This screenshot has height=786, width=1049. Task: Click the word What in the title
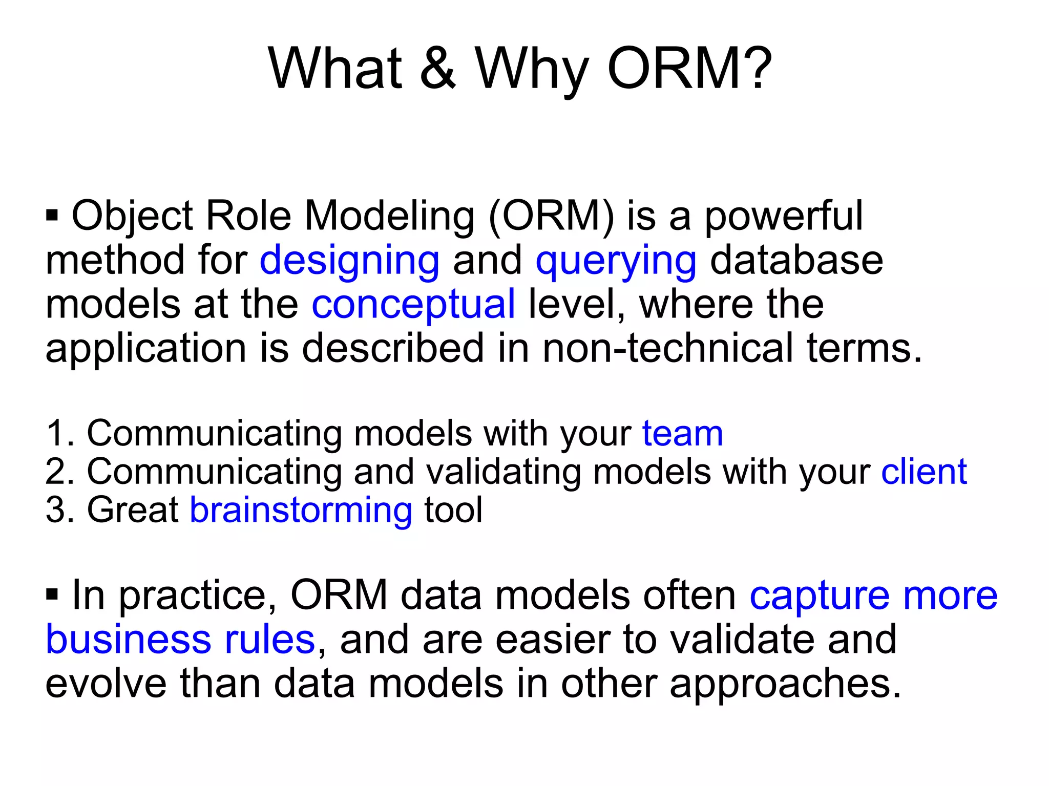click(x=335, y=69)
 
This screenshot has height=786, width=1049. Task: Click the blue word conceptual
click(x=413, y=305)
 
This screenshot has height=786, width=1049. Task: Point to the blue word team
click(x=682, y=434)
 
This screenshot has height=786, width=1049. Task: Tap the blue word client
click(x=924, y=472)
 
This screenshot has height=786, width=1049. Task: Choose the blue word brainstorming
click(x=301, y=511)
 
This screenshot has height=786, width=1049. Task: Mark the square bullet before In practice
click(x=52, y=594)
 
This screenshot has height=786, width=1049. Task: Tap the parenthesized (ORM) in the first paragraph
click(x=551, y=217)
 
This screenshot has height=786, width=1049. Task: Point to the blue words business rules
click(x=180, y=640)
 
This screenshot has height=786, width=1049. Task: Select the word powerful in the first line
click(x=784, y=217)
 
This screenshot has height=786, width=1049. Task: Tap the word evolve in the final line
click(x=106, y=684)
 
